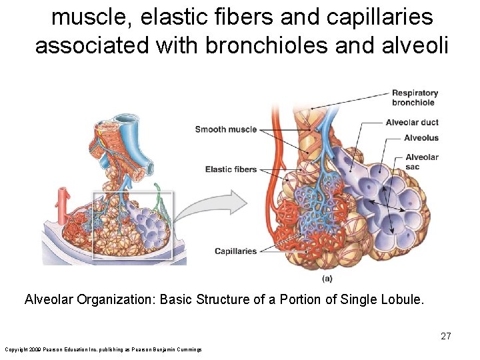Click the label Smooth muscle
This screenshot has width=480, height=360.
point(225,129)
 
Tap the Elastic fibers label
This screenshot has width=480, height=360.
point(231,169)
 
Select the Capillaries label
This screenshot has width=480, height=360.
point(235,251)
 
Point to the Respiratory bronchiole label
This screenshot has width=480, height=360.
point(414,97)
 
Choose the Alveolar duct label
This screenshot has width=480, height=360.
point(412,122)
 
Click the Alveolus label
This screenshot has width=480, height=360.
point(421,138)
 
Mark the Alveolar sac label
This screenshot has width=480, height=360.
point(421,162)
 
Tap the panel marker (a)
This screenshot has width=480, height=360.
point(327,278)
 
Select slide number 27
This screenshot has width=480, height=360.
point(445,336)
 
